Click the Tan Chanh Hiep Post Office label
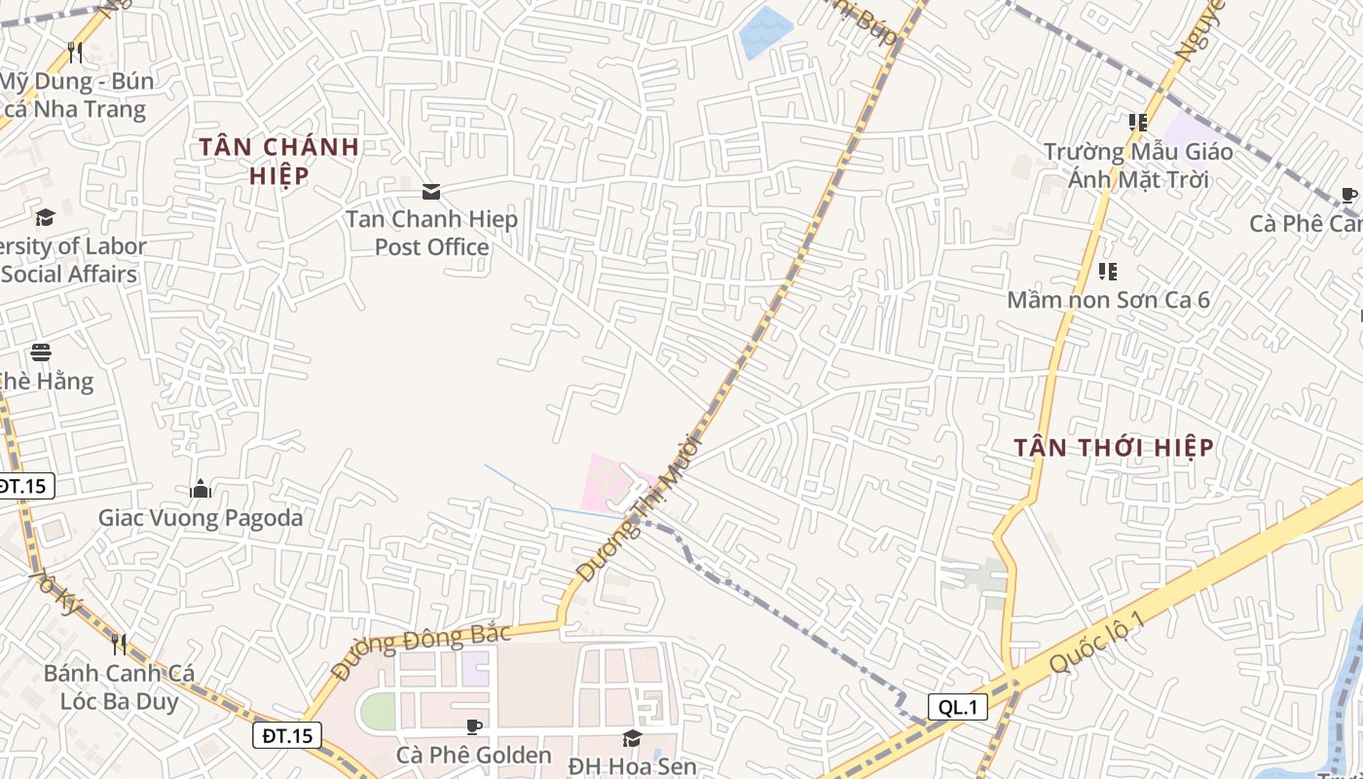tap(431, 234)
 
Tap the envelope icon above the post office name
tap(431, 192)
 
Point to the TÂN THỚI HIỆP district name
tap(1114, 448)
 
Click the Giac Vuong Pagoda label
tap(201, 518)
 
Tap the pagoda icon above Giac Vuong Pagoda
tap(201, 489)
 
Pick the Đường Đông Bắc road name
tap(421, 651)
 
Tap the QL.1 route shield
tap(958, 708)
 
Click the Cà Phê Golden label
tap(474, 755)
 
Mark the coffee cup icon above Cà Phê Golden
tap(474, 727)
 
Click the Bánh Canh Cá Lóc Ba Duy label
tap(119, 687)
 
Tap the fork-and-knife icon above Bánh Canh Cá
tap(119, 645)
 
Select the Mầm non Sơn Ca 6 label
tap(1108, 300)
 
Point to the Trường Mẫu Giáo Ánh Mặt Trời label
tap(1138, 166)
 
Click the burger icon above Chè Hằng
tap(41, 352)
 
